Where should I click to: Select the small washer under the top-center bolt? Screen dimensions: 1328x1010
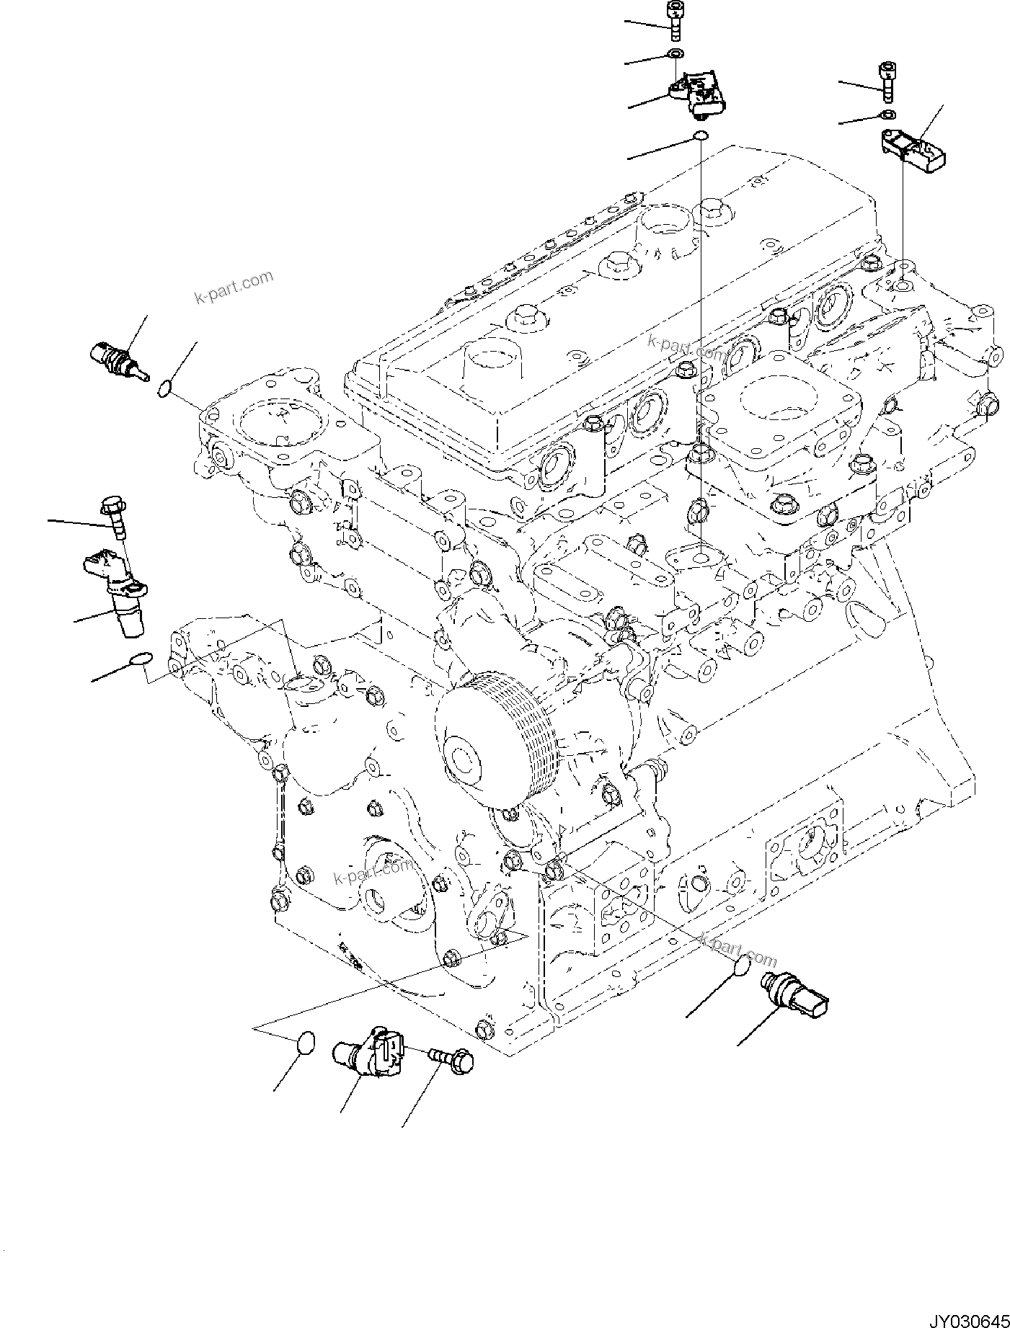pos(675,54)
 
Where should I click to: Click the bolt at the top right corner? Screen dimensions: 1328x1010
pos(887,81)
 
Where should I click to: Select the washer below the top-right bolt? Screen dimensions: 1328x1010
pos(887,115)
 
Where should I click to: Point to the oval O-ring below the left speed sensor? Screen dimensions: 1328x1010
pos(140,659)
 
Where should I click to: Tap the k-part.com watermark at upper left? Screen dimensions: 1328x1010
pos(234,286)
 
